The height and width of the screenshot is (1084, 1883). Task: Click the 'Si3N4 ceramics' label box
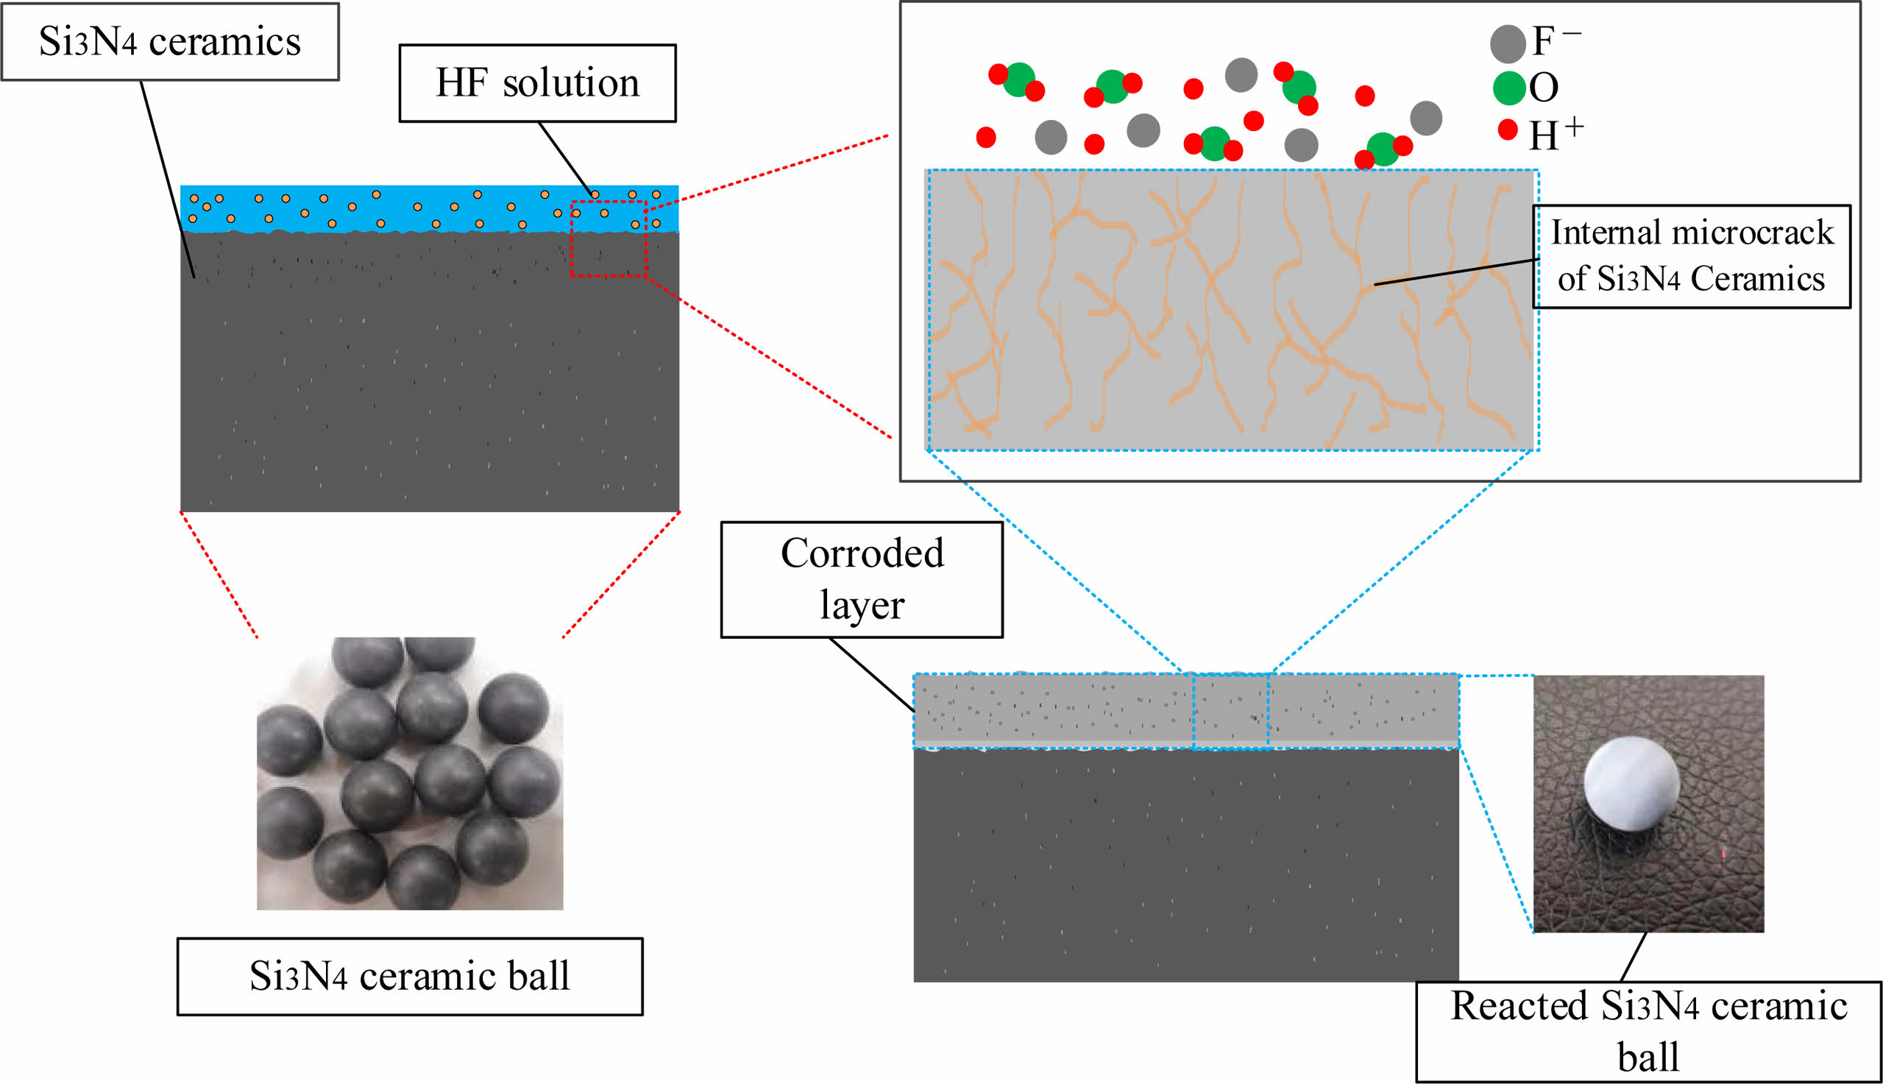pos(170,42)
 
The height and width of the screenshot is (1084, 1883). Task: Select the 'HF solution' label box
pos(537,82)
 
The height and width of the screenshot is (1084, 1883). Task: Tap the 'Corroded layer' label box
pos(862,579)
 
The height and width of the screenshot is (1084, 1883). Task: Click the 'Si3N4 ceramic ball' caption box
pos(409,976)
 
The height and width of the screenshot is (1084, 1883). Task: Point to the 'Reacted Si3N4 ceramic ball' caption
pos(1648,1031)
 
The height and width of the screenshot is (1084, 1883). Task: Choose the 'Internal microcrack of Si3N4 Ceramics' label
pos(1691,256)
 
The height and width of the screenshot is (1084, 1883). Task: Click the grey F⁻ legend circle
pos(1508,43)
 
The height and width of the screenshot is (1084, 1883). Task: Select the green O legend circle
pos(1509,88)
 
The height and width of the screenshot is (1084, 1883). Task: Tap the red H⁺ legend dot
pos(1508,130)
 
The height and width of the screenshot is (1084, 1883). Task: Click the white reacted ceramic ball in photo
pos(1631,782)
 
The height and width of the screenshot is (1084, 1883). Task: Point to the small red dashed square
pos(609,239)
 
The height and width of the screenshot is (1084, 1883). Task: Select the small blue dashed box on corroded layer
pos(1231,711)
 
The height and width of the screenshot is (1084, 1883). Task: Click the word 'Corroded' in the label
pos(862,553)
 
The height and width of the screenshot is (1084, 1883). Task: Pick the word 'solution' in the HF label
pos(571,82)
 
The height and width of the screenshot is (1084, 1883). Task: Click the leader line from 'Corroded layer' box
pos(871,674)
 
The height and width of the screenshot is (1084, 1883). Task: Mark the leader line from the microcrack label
pos(1456,272)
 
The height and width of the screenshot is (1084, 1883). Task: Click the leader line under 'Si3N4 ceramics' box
pos(168,179)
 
